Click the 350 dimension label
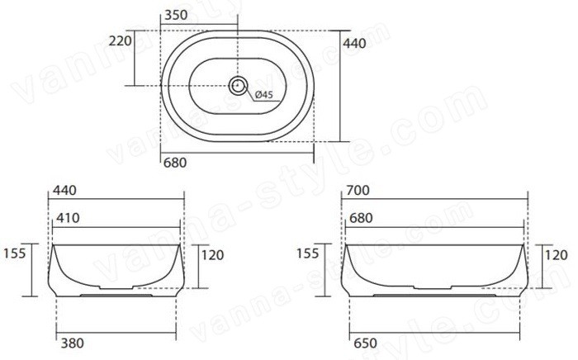(176, 15)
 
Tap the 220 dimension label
(121, 40)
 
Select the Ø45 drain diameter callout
(263, 95)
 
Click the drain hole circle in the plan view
(238, 86)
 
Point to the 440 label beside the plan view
(354, 44)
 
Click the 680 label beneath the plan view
(175, 163)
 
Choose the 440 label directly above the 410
(64, 190)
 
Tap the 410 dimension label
(68, 218)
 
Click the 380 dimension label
(73, 343)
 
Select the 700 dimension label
(358, 190)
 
